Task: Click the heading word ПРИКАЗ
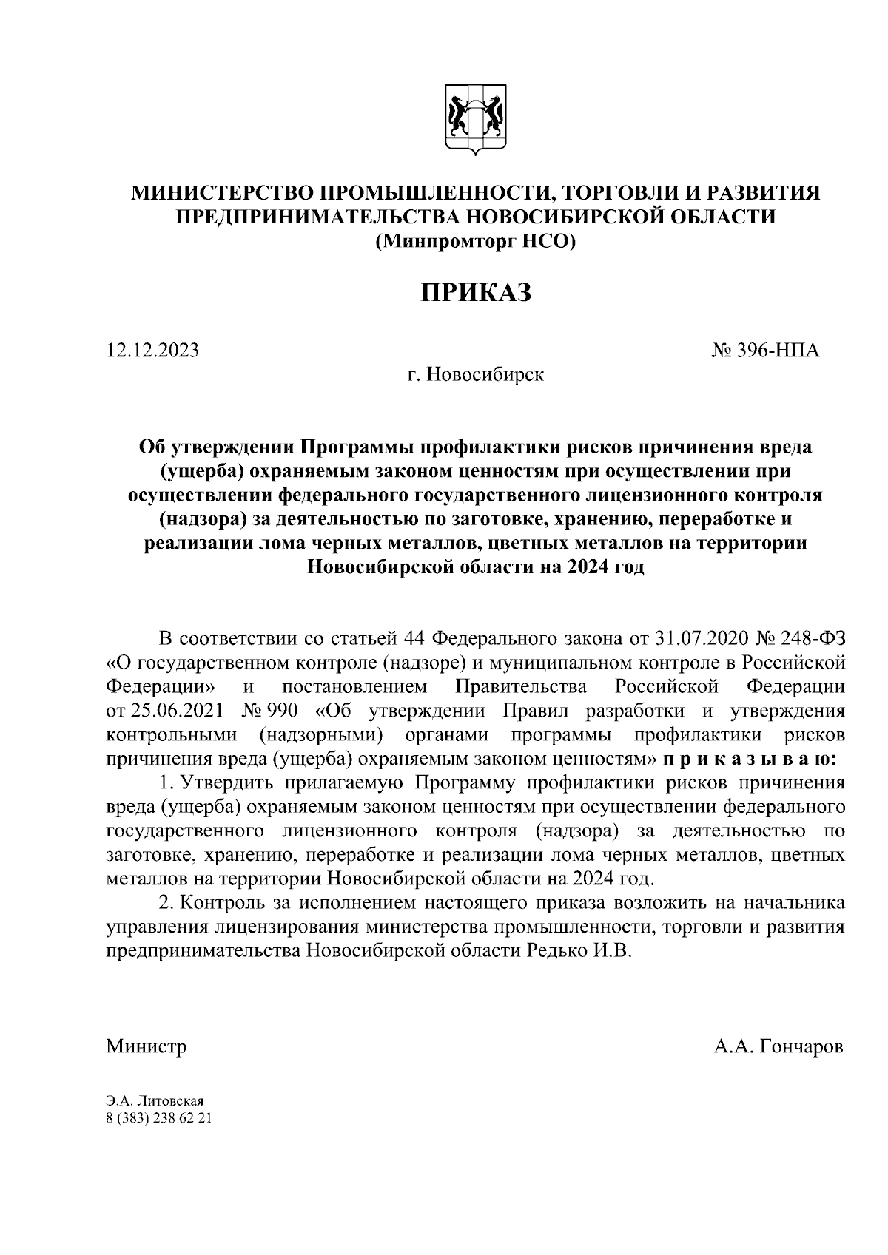(476, 292)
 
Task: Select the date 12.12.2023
(153, 351)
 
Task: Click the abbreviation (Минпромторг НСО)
(476, 241)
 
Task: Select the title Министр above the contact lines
(147, 1047)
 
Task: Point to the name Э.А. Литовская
(155, 1102)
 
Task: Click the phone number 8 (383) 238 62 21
(159, 1118)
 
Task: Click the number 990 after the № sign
(283, 711)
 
